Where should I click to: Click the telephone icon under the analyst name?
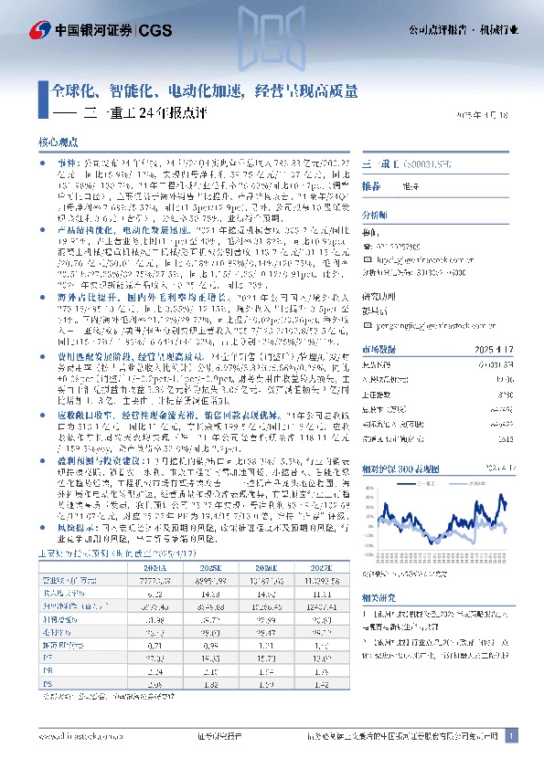coord(368,248)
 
